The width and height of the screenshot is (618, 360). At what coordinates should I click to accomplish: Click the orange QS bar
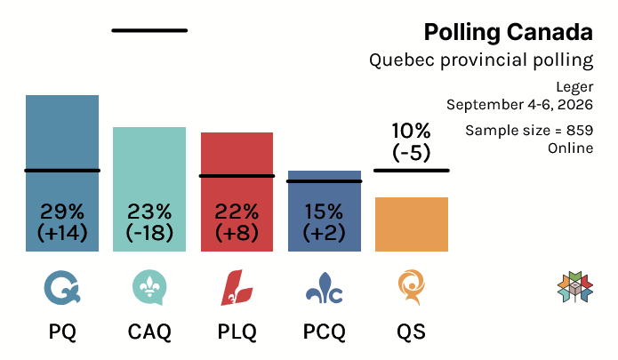tap(412, 224)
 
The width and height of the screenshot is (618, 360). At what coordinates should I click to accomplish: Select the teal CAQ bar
tap(149, 189)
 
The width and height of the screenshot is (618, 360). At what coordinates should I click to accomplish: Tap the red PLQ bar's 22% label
tap(237, 212)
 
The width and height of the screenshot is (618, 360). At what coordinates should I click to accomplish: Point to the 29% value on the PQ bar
tap(62, 212)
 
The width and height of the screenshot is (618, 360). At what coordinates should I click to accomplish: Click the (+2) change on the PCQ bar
tap(324, 232)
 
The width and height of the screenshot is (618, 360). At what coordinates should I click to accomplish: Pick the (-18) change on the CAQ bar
tap(149, 232)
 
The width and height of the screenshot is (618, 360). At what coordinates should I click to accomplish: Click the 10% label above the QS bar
tap(411, 131)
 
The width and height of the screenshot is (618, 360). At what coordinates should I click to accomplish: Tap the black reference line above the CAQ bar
tap(149, 30)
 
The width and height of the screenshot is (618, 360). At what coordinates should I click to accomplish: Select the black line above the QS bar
tap(412, 171)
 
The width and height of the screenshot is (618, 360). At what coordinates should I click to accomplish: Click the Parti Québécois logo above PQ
tap(62, 288)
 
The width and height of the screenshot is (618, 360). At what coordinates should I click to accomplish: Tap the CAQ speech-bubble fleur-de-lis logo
tap(149, 287)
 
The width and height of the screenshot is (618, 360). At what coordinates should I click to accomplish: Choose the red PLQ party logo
tap(237, 287)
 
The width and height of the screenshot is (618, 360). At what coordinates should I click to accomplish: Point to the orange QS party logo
tap(412, 287)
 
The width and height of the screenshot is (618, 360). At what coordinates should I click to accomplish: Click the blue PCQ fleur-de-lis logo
tap(324, 288)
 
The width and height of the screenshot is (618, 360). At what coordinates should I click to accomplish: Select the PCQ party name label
tap(324, 332)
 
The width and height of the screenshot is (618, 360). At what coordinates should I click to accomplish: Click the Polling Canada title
tap(509, 32)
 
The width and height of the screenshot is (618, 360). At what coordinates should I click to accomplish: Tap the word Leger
tap(574, 87)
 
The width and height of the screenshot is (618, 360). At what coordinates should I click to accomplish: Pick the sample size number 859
tap(580, 131)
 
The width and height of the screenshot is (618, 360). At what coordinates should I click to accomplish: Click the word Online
tap(570, 148)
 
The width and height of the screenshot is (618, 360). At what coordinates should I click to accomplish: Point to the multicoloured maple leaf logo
tap(575, 287)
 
